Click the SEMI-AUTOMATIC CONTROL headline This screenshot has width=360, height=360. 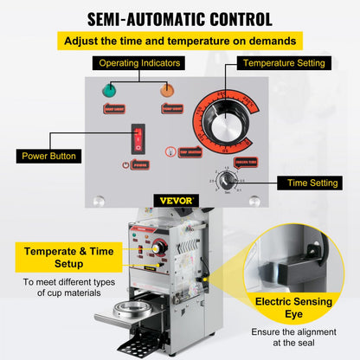pyautogui.click(x=179, y=18)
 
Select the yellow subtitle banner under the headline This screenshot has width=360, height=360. pyautogui.click(x=179, y=40)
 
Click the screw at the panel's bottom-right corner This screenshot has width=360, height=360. pyautogui.click(x=254, y=201)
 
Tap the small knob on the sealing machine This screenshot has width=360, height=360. pyautogui.click(x=158, y=247)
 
